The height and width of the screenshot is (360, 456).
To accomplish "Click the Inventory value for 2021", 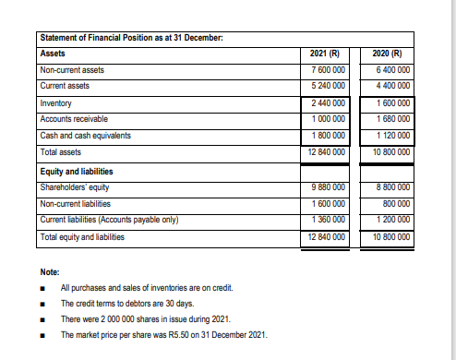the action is tap(328, 102).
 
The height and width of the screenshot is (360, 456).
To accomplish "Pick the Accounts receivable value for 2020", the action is tap(392, 119).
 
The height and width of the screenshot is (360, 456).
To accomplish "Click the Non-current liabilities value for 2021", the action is tap(329, 204).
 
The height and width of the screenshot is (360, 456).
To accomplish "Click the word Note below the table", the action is tap(50, 272).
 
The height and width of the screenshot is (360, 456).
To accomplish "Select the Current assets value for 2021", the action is tap(328, 86).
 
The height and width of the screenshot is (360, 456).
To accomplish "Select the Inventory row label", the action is tap(59, 102).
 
